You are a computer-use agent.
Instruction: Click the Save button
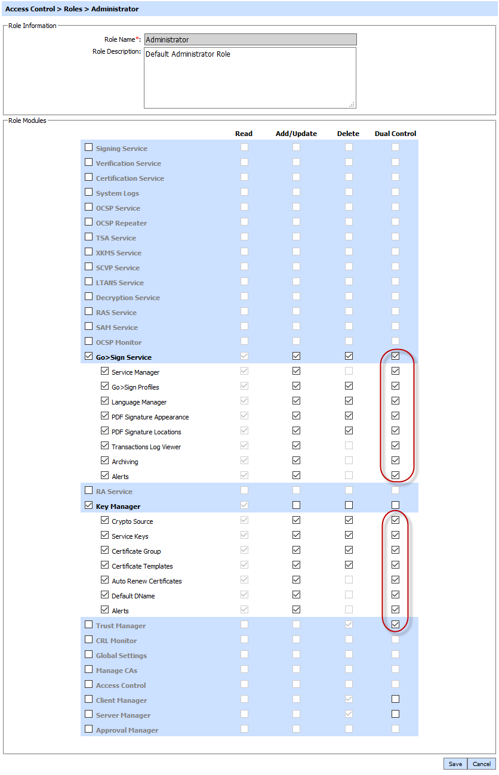click(x=455, y=764)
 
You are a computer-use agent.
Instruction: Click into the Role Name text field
click(x=250, y=39)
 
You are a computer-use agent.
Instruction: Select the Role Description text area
click(x=250, y=78)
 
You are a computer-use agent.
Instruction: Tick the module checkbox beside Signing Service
click(x=89, y=147)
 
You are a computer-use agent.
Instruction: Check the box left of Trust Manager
click(x=89, y=625)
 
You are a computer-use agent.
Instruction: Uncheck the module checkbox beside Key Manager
click(x=89, y=505)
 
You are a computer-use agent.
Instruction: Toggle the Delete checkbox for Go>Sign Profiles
click(x=349, y=386)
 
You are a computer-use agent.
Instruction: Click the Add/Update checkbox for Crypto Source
click(x=296, y=520)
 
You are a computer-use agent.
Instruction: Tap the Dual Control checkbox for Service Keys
click(x=395, y=535)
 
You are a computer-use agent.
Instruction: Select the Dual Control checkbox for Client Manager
click(x=395, y=699)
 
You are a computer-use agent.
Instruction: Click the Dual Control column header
click(x=395, y=134)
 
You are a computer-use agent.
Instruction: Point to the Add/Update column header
click(x=296, y=134)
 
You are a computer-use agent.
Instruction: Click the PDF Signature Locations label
click(x=146, y=432)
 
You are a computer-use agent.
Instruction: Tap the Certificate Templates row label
click(x=142, y=566)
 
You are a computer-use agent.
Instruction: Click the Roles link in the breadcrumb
click(x=73, y=9)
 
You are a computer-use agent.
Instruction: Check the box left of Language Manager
click(x=105, y=401)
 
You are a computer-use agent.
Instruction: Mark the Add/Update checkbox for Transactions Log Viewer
click(x=296, y=446)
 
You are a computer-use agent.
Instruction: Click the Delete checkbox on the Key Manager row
click(x=349, y=505)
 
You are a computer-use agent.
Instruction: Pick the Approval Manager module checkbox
click(x=89, y=729)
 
